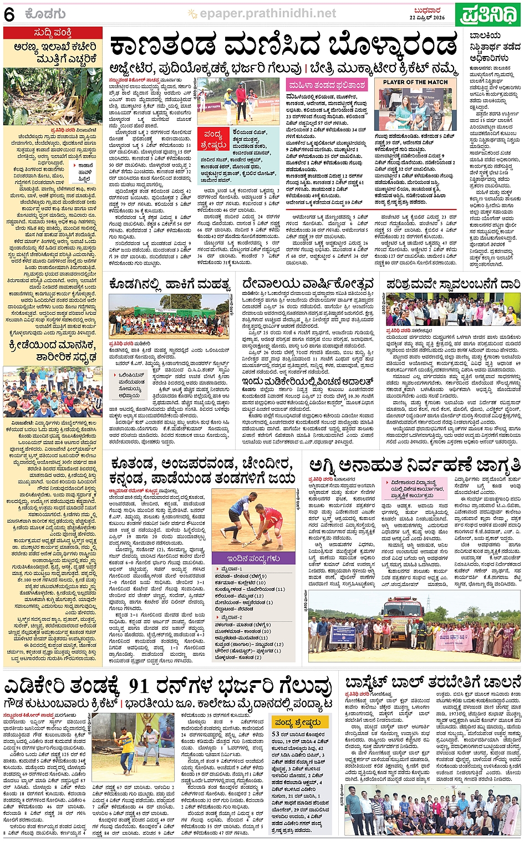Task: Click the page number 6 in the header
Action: coord(9,15)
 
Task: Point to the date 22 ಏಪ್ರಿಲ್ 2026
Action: coord(427,18)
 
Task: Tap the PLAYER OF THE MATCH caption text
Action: coord(415,82)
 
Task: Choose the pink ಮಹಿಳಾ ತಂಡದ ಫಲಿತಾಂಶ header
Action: coord(327,85)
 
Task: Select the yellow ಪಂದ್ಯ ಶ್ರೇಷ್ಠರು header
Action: coord(298,722)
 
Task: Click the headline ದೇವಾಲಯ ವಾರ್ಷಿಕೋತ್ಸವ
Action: coord(308,284)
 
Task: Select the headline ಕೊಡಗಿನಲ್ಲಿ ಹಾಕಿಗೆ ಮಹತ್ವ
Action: coord(170,285)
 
